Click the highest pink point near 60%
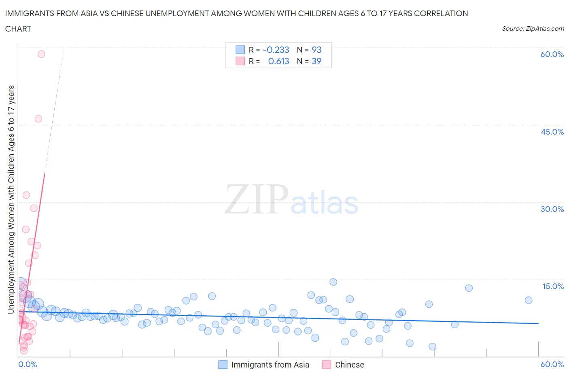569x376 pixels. (x=41, y=54)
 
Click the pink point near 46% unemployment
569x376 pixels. (x=38, y=118)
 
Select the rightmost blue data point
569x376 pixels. (x=528, y=300)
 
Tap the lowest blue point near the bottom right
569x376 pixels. (x=432, y=346)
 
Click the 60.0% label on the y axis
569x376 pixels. (x=552, y=54)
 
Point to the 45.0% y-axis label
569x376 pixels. (x=552, y=132)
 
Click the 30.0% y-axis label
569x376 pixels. (x=552, y=209)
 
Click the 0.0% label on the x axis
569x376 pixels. (x=28, y=364)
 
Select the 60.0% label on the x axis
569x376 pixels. (x=552, y=364)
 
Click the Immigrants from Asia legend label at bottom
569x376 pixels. (x=270, y=365)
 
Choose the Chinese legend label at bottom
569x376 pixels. (x=349, y=365)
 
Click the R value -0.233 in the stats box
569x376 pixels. (x=276, y=50)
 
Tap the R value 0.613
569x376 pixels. (x=278, y=61)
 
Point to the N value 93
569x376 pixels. (x=316, y=50)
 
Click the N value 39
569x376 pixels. (x=316, y=61)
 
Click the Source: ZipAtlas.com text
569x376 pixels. (x=533, y=28)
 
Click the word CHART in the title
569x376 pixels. (x=18, y=29)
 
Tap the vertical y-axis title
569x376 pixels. (x=11, y=199)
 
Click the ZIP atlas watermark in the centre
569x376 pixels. (x=291, y=200)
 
